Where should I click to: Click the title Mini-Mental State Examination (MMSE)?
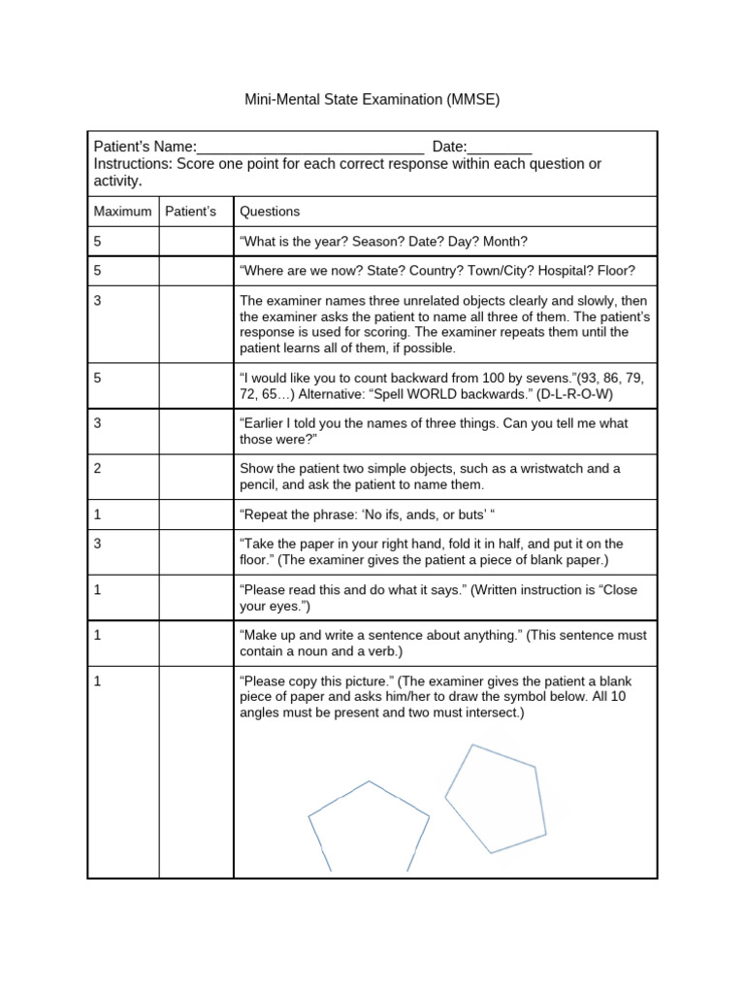tap(372, 100)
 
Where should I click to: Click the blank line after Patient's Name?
tap(310, 148)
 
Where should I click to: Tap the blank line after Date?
tap(500, 148)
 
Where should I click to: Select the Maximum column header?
tap(122, 212)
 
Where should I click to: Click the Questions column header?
tap(270, 212)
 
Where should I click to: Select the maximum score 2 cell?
tap(99, 469)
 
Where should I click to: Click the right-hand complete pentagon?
tap(494, 798)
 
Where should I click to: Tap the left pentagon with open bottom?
tap(369, 825)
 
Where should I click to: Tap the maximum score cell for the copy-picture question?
tap(99, 681)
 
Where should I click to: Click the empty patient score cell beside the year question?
tap(196, 242)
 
